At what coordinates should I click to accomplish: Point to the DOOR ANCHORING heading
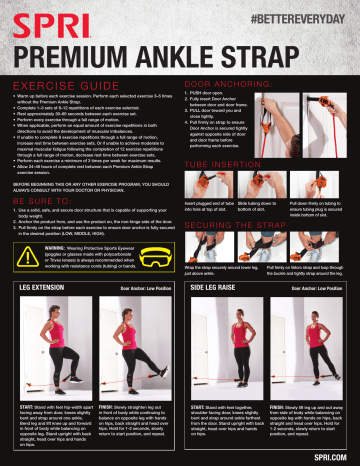[233, 85]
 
